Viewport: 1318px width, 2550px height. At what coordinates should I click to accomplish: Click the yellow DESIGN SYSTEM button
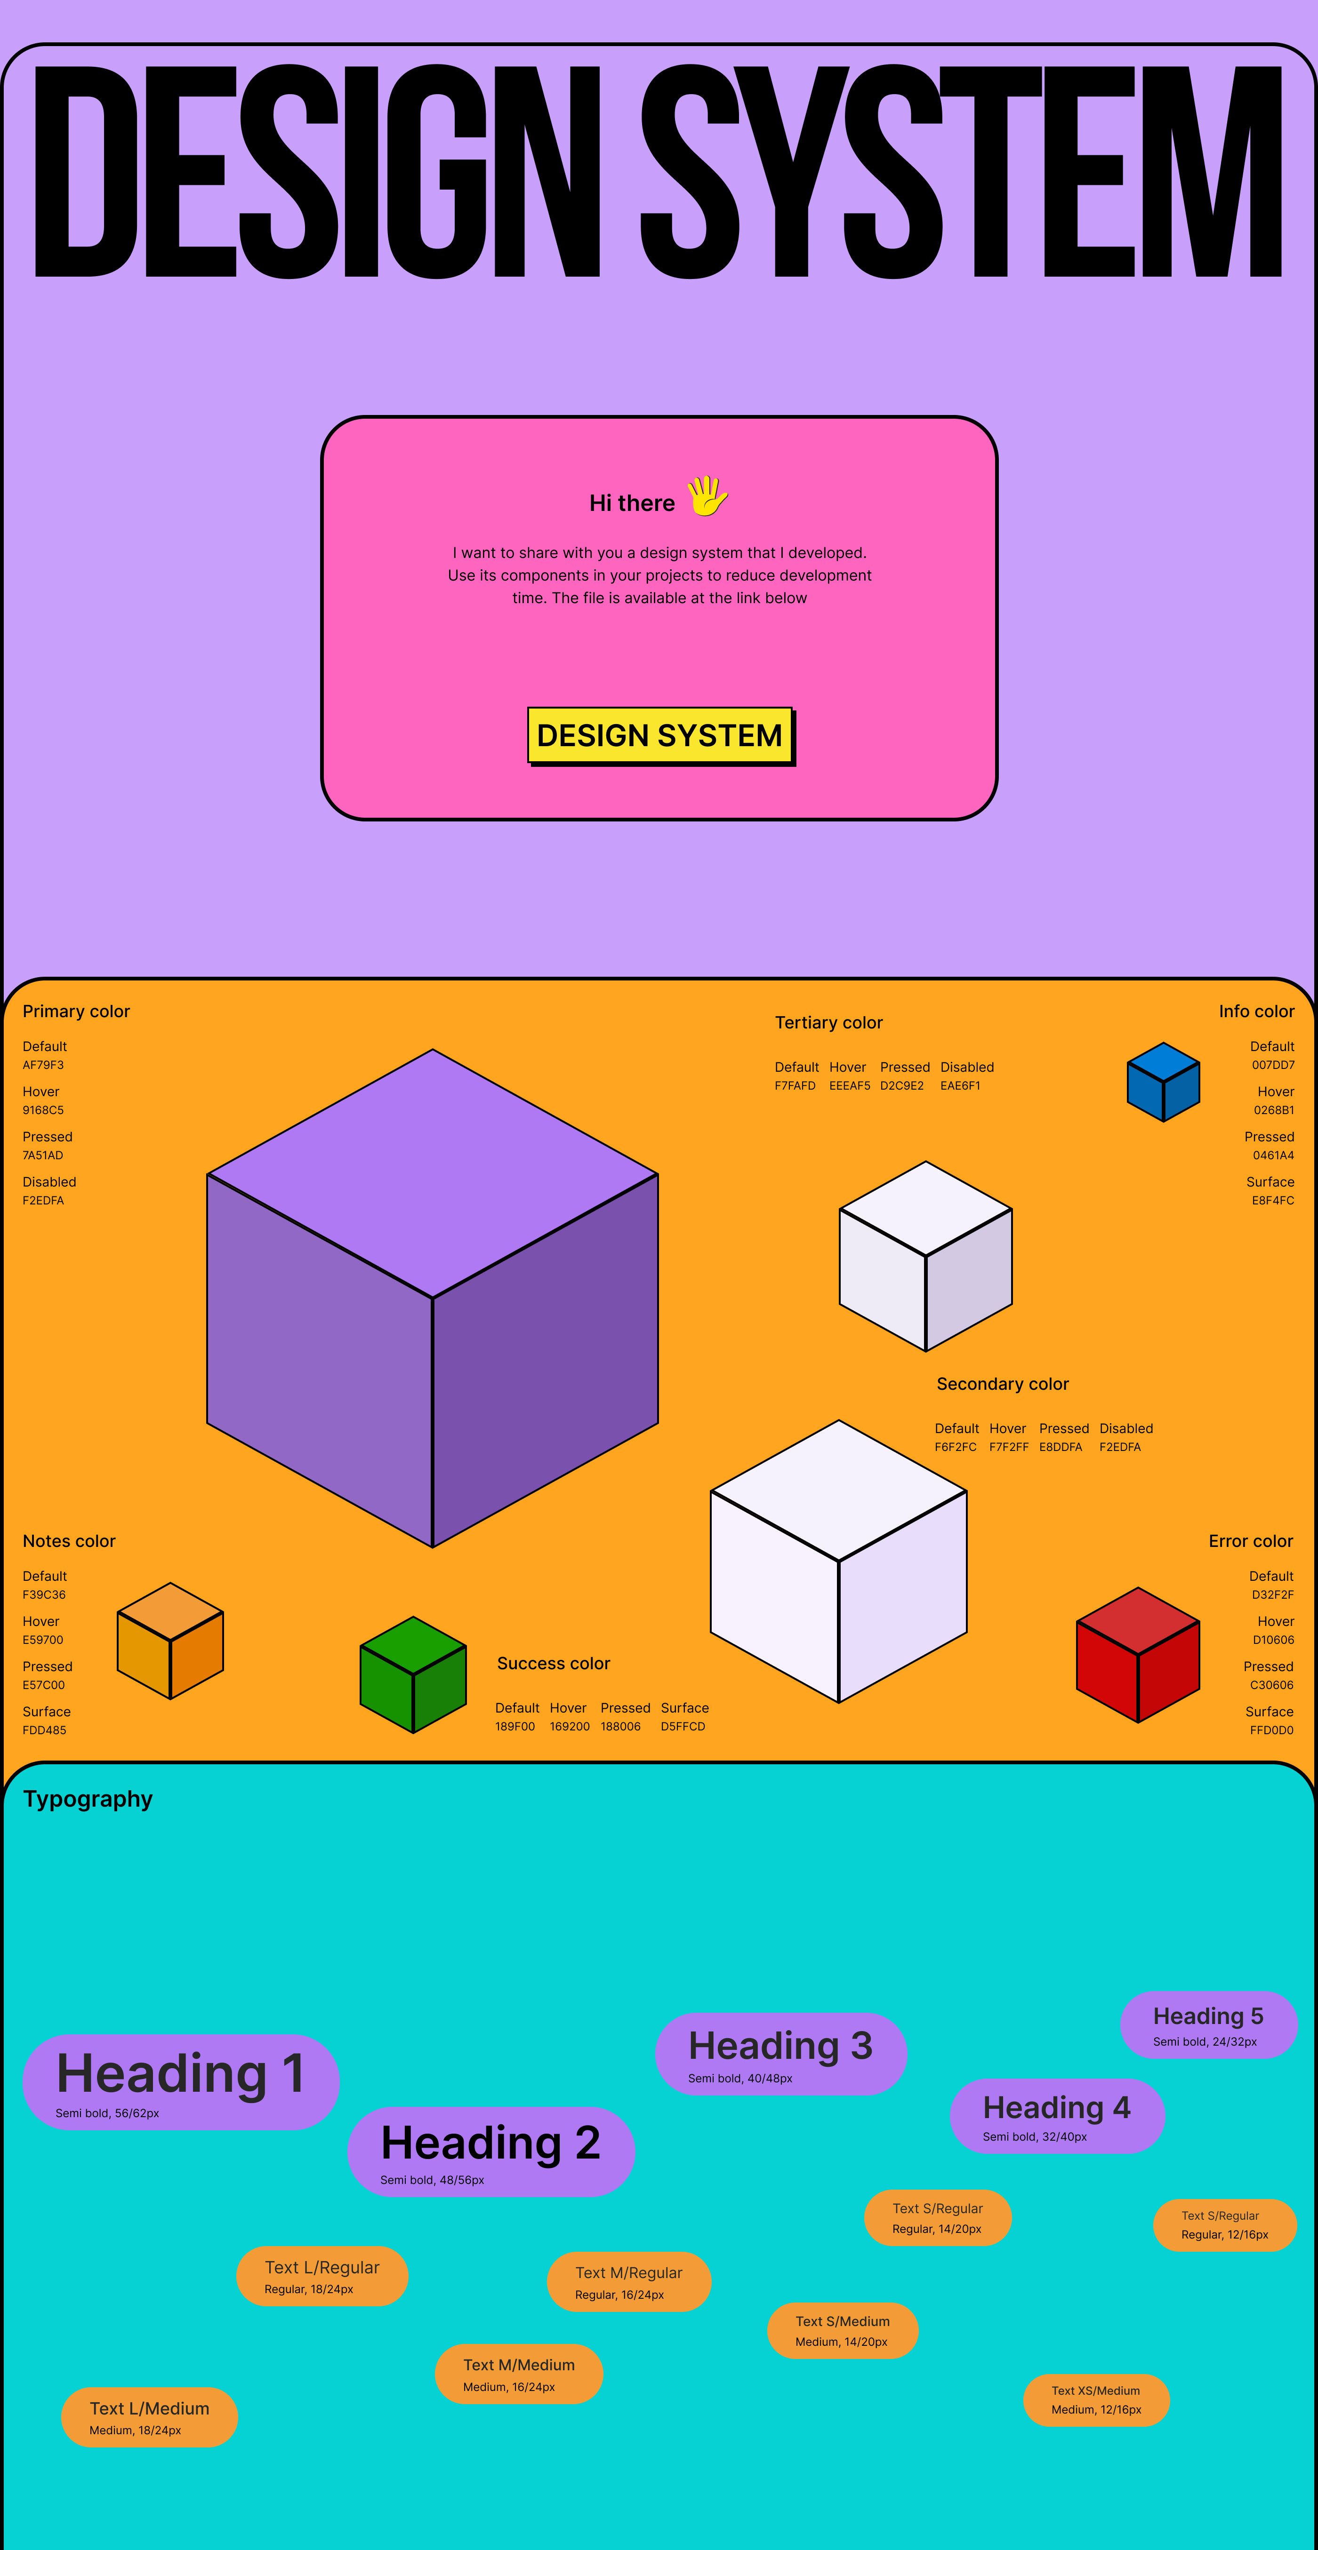pyautogui.click(x=659, y=735)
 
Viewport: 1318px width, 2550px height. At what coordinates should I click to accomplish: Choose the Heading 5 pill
pyautogui.click(x=1208, y=2024)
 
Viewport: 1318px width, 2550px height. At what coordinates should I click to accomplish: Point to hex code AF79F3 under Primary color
pyautogui.click(x=44, y=1065)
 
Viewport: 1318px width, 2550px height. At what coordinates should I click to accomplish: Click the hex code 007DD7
pyautogui.click(x=1272, y=1065)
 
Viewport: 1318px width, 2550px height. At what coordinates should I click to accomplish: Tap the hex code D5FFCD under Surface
pyautogui.click(x=683, y=1726)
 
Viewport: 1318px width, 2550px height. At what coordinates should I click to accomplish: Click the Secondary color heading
pyautogui.click(x=1002, y=1384)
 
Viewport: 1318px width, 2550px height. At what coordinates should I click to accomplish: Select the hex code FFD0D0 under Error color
pyautogui.click(x=1271, y=1730)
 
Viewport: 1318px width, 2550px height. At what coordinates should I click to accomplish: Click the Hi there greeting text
pyautogui.click(x=632, y=503)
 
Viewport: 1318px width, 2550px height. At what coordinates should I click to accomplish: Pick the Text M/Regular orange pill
pyautogui.click(x=629, y=2282)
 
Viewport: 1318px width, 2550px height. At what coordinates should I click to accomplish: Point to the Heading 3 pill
pyautogui.click(x=780, y=2054)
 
